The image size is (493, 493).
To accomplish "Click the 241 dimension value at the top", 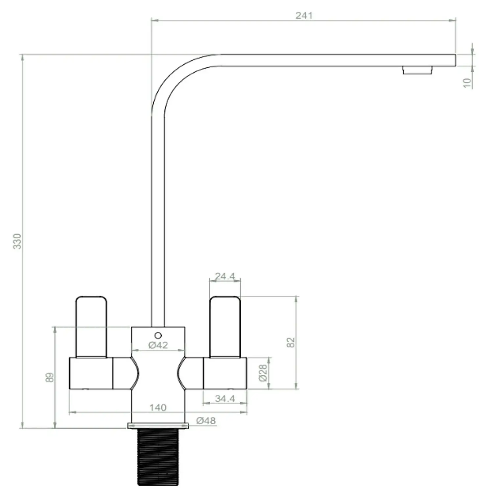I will click(304, 15).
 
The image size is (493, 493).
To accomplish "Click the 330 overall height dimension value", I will click(17, 241).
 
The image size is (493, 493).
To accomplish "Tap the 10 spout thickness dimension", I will click(467, 83).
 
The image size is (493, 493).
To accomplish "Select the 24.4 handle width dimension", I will click(225, 276).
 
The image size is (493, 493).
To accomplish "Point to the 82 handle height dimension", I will click(291, 342).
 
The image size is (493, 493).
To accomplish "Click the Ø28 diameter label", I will click(263, 373).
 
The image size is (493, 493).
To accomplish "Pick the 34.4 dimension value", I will click(225, 398).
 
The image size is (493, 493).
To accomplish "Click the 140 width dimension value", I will click(158, 408).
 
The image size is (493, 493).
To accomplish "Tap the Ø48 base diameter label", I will click(206, 421).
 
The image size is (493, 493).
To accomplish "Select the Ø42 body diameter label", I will click(158, 345).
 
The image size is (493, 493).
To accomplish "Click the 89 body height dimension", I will click(49, 377).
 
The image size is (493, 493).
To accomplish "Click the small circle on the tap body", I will click(158, 336).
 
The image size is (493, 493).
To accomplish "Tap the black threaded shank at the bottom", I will click(158, 457).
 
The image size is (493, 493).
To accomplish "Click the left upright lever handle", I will click(91, 327).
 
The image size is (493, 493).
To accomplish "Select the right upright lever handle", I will click(225, 327).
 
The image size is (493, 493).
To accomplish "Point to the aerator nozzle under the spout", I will click(417, 70).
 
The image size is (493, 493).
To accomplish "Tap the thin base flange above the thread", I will click(158, 426).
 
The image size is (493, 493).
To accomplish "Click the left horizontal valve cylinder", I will click(91, 373).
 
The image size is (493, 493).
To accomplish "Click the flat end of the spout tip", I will click(455, 60).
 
